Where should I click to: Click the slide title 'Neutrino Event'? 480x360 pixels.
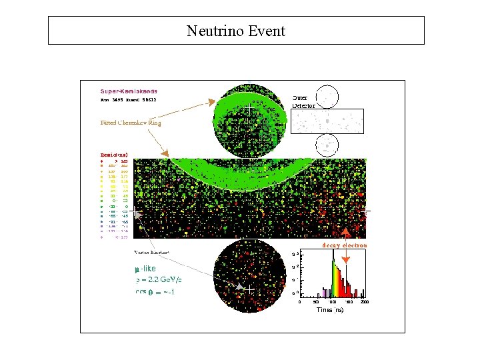click(235, 31)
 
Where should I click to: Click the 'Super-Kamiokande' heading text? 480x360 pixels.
click(129, 91)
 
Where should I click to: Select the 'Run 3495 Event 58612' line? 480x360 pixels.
click(129, 100)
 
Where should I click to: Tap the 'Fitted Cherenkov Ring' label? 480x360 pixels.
click(131, 123)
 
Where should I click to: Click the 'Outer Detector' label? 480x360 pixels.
click(303, 101)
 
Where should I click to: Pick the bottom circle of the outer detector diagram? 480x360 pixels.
click(327, 145)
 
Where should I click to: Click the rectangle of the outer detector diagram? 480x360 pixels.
click(327, 121)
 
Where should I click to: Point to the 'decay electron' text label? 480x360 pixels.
click(345, 245)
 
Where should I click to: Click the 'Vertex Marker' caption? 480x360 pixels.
click(151, 253)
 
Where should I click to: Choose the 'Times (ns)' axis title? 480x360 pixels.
click(329, 311)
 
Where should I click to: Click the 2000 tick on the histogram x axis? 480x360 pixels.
click(363, 302)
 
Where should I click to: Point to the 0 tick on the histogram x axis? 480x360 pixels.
click(299, 302)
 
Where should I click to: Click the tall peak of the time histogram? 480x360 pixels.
click(333, 261)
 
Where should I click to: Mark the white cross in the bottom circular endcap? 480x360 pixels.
click(249, 290)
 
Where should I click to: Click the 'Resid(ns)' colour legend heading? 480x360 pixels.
click(114, 155)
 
